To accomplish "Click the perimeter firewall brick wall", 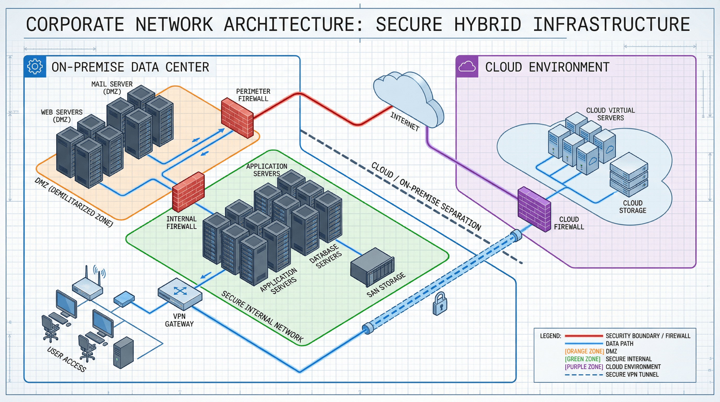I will (x=237, y=118).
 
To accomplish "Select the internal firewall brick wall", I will (x=188, y=192).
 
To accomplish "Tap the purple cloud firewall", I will (x=534, y=209).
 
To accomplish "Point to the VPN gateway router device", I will (x=180, y=294).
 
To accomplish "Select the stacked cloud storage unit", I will (x=628, y=175).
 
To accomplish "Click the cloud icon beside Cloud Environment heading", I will (x=467, y=67).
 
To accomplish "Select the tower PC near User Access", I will (x=123, y=353).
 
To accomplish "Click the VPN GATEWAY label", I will (x=179, y=320).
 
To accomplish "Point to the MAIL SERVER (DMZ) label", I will (x=112, y=87).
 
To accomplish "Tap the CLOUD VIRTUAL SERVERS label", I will (x=610, y=114).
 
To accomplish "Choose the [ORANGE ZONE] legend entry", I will (x=584, y=351).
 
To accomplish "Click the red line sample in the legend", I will (x=584, y=336).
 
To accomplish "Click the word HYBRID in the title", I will (x=488, y=25).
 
